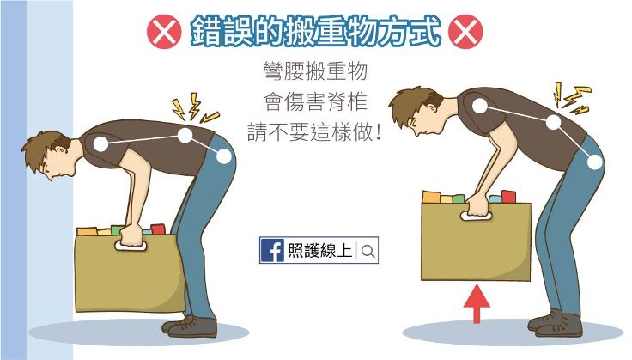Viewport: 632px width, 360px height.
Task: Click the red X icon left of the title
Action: pyautogui.click(x=164, y=32)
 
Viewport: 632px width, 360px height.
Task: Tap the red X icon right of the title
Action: pyautogui.click(x=465, y=32)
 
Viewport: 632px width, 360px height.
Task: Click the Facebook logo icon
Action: pyautogui.click(x=272, y=250)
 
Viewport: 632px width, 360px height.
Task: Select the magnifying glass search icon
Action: pyautogui.click(x=368, y=251)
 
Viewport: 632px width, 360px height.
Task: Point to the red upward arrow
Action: pyautogui.click(x=477, y=303)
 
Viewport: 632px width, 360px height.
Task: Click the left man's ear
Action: pyautogui.click(x=61, y=150)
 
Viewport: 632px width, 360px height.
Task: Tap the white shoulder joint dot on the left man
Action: pyautogui.click(x=100, y=143)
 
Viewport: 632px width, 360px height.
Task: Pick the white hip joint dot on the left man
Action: pyautogui.click(x=224, y=156)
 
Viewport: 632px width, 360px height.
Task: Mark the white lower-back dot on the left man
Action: pyautogui.click(x=185, y=136)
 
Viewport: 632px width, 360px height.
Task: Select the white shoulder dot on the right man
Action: pyautogui.click(x=480, y=106)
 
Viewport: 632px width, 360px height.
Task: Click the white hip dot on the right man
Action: pyautogui.click(x=594, y=162)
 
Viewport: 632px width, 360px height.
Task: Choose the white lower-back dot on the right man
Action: pyautogui.click(x=554, y=122)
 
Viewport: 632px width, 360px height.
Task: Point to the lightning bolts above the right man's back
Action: pyautogui.click(x=573, y=98)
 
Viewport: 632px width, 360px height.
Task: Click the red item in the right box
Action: pyautogui.click(x=508, y=197)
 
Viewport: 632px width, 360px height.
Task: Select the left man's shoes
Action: pyautogui.click(x=190, y=326)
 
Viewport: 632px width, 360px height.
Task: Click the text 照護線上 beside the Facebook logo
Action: pyautogui.click(x=320, y=251)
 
